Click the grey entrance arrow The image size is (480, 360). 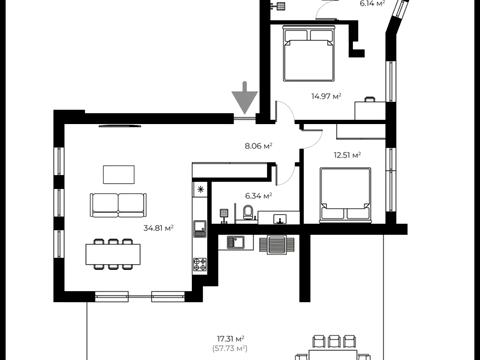point(245,97)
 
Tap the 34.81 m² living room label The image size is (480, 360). point(159,228)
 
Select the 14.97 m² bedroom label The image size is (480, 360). point(326,96)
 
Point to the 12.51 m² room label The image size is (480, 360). point(347,155)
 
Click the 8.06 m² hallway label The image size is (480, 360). point(259,146)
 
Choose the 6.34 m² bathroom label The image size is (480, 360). point(259,196)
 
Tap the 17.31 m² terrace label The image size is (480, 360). point(231,339)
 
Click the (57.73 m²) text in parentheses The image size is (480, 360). point(230,349)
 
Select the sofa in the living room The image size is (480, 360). point(118,205)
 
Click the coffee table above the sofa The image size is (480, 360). point(119,174)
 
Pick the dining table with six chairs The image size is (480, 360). point(113,254)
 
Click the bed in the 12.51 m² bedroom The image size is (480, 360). point(345,195)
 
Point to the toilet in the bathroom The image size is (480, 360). point(248,213)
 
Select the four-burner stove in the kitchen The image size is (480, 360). point(200,266)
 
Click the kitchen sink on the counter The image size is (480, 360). point(200,229)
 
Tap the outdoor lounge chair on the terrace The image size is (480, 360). point(277,245)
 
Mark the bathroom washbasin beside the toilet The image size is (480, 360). point(279,219)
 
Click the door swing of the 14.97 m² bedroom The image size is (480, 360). point(284,111)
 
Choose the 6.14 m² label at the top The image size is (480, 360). point(372,3)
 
